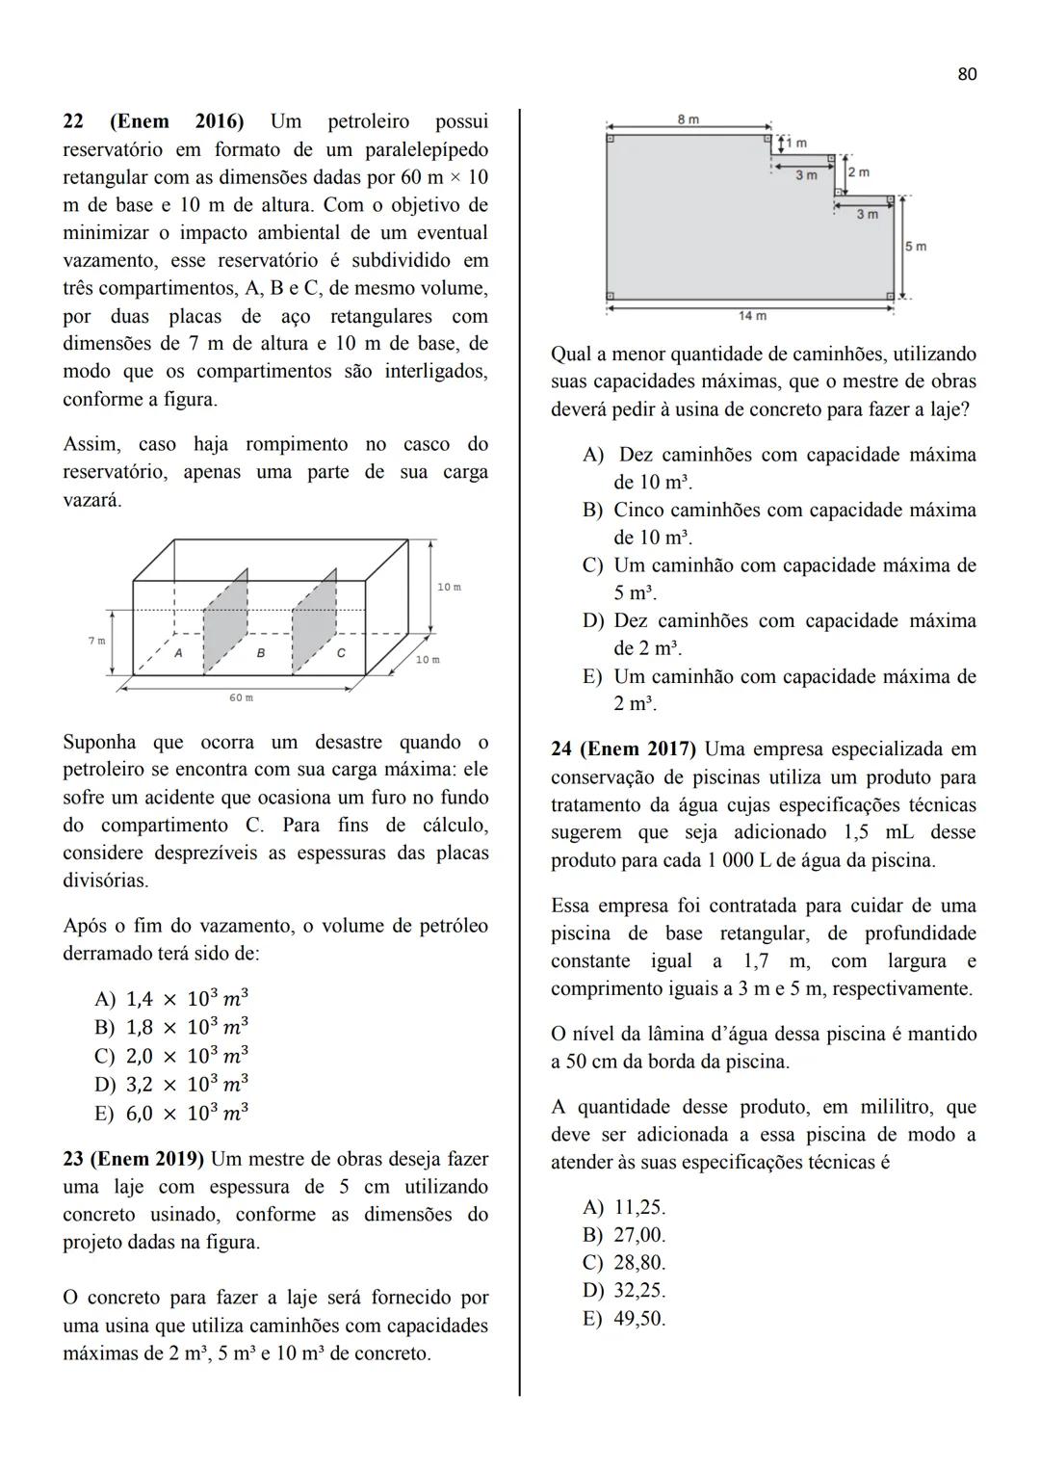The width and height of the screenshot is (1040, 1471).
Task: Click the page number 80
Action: pyautogui.click(x=967, y=74)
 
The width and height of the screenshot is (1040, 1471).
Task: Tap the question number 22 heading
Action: pyautogui.click(x=72, y=122)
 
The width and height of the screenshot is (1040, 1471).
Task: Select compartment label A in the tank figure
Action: pyautogui.click(x=179, y=653)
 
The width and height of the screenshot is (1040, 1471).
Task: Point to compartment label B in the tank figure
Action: pyautogui.click(x=260, y=653)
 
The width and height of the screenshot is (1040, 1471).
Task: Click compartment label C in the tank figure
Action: pyautogui.click(x=341, y=653)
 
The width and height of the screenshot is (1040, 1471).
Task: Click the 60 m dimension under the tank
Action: pyautogui.click(x=241, y=697)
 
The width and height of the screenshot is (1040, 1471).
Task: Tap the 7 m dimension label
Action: pyautogui.click(x=96, y=641)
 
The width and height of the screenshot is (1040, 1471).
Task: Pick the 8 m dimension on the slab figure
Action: pyautogui.click(x=688, y=119)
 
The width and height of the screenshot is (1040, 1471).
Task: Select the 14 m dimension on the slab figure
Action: pyautogui.click(x=752, y=315)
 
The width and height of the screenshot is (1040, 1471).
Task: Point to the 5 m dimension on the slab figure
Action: pyautogui.click(x=916, y=247)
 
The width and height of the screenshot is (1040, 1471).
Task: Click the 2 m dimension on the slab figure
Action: pyautogui.click(x=858, y=172)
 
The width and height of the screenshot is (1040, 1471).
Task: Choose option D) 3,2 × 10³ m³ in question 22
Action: pyautogui.click(x=171, y=1085)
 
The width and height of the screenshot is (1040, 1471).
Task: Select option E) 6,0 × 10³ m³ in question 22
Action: pyautogui.click(x=171, y=1114)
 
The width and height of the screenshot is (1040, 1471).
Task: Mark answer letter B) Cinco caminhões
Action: pyautogui.click(x=592, y=511)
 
